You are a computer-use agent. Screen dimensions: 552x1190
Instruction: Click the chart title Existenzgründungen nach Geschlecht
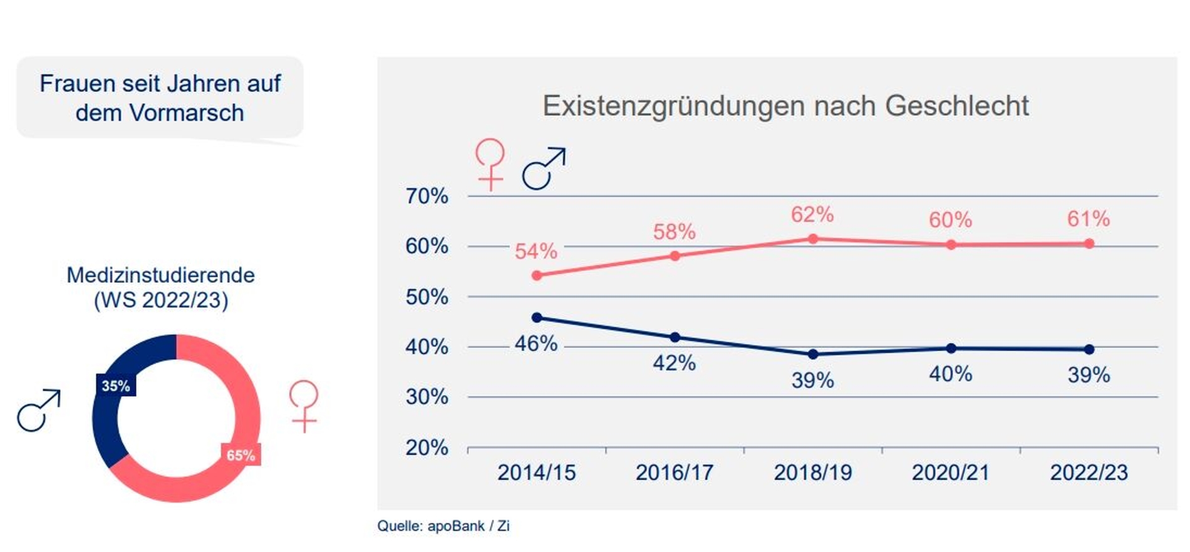click(x=785, y=106)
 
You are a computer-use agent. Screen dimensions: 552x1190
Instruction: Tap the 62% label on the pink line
click(x=812, y=215)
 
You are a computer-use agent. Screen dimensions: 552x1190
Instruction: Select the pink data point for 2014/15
click(x=537, y=275)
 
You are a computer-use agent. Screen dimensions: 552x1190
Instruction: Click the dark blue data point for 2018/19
click(x=813, y=354)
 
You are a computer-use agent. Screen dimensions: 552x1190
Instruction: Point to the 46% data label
click(x=536, y=344)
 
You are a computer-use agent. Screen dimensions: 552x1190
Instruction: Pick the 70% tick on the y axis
click(x=427, y=196)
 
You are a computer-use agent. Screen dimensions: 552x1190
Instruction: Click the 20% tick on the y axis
click(x=427, y=447)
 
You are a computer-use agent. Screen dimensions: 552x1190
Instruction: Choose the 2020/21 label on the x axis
click(x=951, y=473)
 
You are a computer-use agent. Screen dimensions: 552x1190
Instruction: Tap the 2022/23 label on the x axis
click(x=1089, y=473)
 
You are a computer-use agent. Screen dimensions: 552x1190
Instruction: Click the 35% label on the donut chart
click(x=116, y=386)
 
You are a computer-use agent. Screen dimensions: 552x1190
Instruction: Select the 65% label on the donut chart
click(x=241, y=455)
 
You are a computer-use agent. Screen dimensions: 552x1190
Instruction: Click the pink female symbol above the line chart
click(x=490, y=164)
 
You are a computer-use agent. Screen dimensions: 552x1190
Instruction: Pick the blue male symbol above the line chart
click(x=544, y=168)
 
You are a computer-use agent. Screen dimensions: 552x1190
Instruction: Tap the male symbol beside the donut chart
click(x=39, y=411)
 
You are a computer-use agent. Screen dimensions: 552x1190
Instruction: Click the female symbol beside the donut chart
click(x=304, y=406)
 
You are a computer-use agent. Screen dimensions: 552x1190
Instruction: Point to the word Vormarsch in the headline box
click(x=188, y=113)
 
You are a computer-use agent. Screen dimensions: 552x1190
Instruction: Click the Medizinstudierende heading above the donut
click(x=160, y=275)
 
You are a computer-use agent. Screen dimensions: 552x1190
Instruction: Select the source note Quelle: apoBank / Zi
click(x=443, y=526)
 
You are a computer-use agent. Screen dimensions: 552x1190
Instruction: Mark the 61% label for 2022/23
click(x=1089, y=219)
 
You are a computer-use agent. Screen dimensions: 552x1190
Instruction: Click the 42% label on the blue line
click(x=675, y=363)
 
